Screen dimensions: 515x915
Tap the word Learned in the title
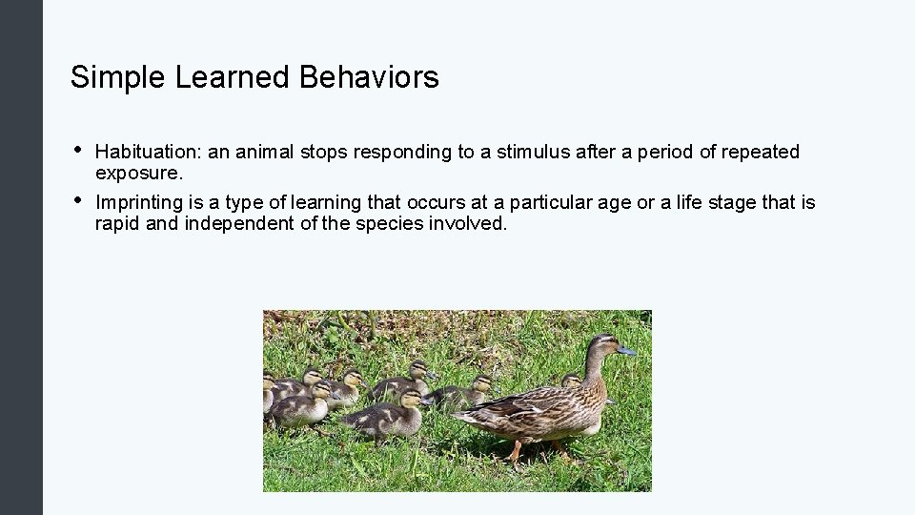point(234,77)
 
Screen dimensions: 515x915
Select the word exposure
point(139,175)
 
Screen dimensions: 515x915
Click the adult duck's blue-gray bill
point(625,351)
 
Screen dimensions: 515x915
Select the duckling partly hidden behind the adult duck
point(571,381)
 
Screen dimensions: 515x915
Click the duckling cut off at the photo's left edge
point(269,392)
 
